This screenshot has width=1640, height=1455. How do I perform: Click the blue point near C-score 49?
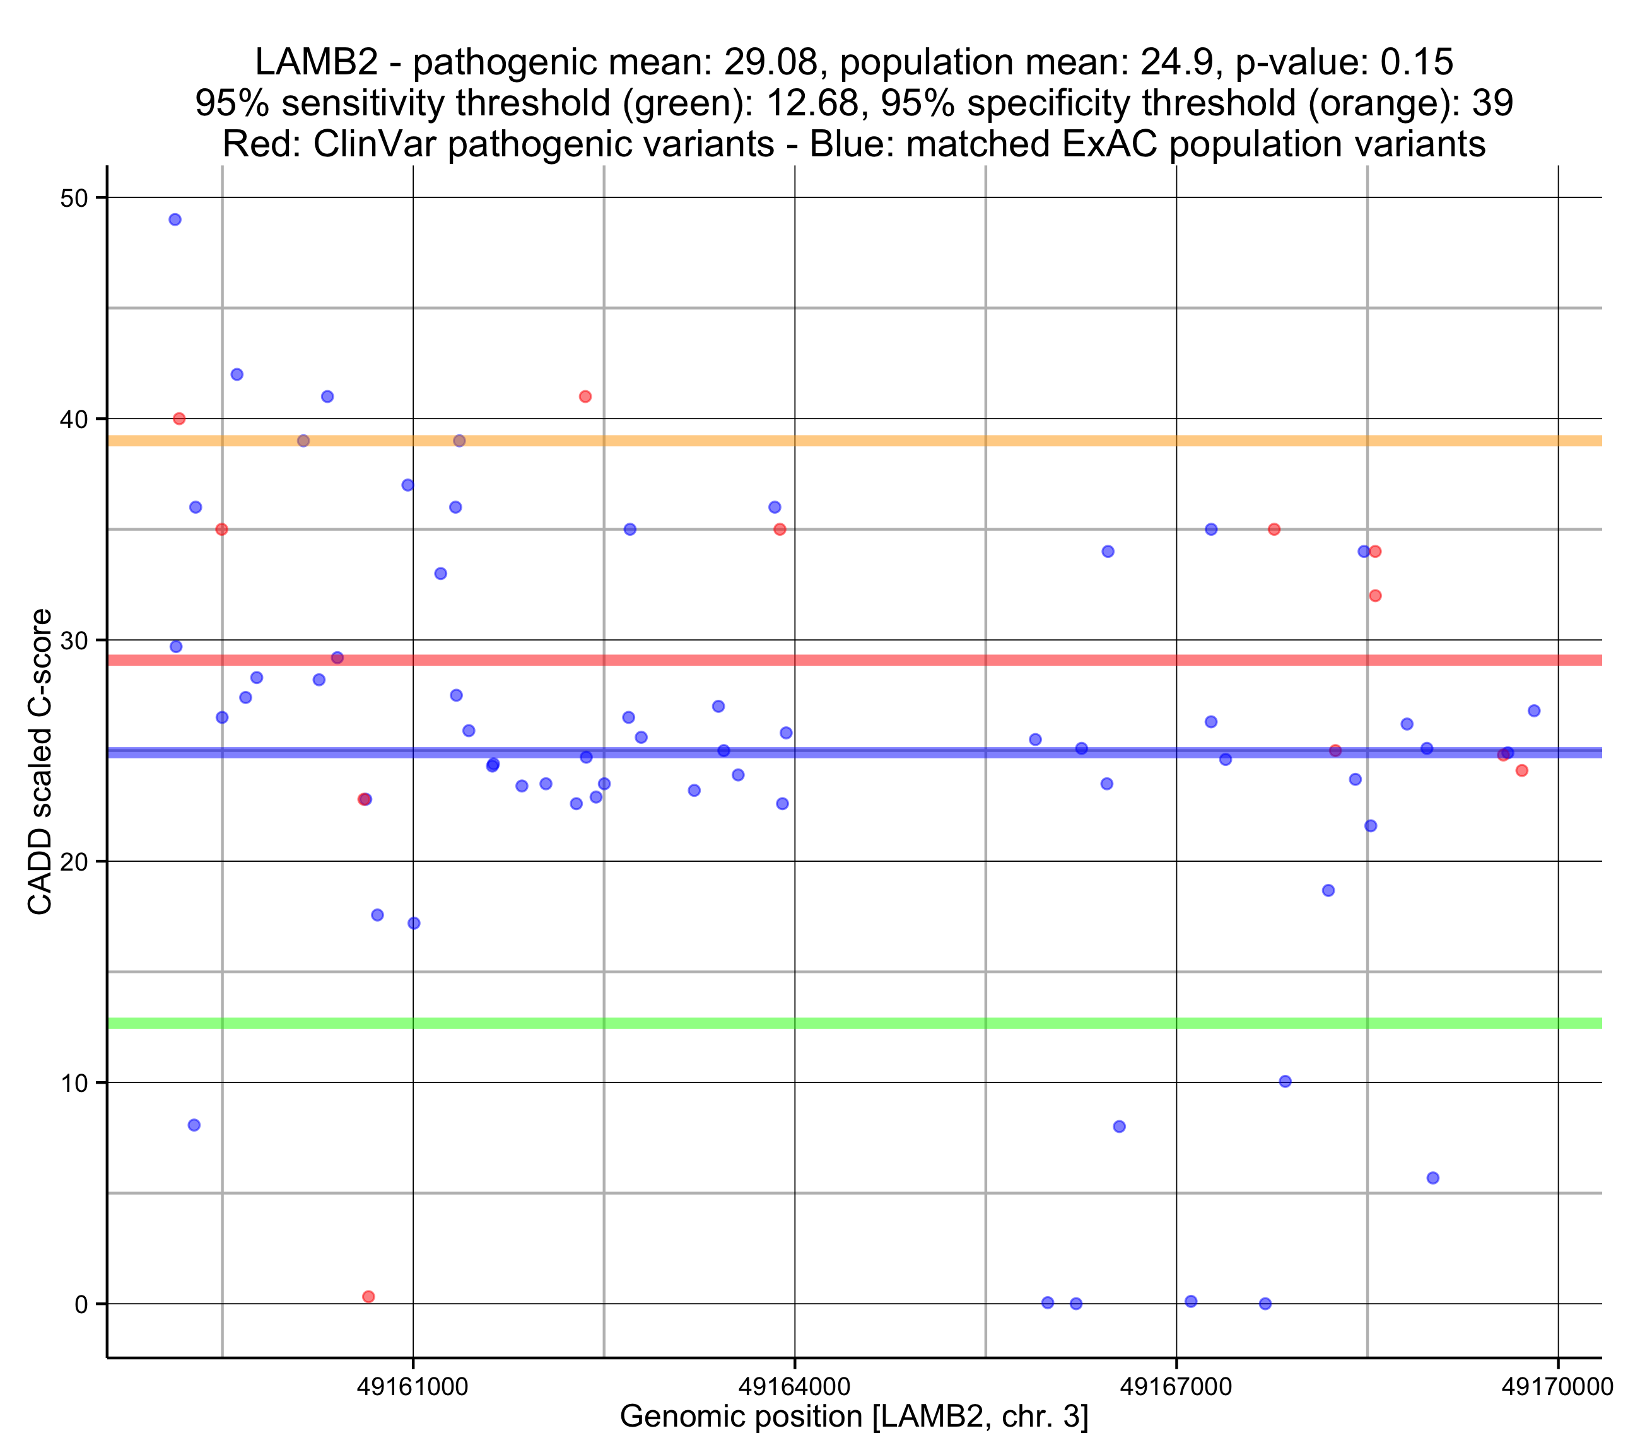click(175, 220)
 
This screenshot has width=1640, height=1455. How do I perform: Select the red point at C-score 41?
click(586, 397)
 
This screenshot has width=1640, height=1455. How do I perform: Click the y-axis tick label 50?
click(74, 198)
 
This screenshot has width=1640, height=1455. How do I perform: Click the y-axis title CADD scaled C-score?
click(40, 762)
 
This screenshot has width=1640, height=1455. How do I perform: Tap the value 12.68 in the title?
click(815, 103)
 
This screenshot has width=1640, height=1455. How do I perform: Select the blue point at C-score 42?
click(237, 374)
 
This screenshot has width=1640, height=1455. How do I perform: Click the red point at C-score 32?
click(1375, 596)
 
